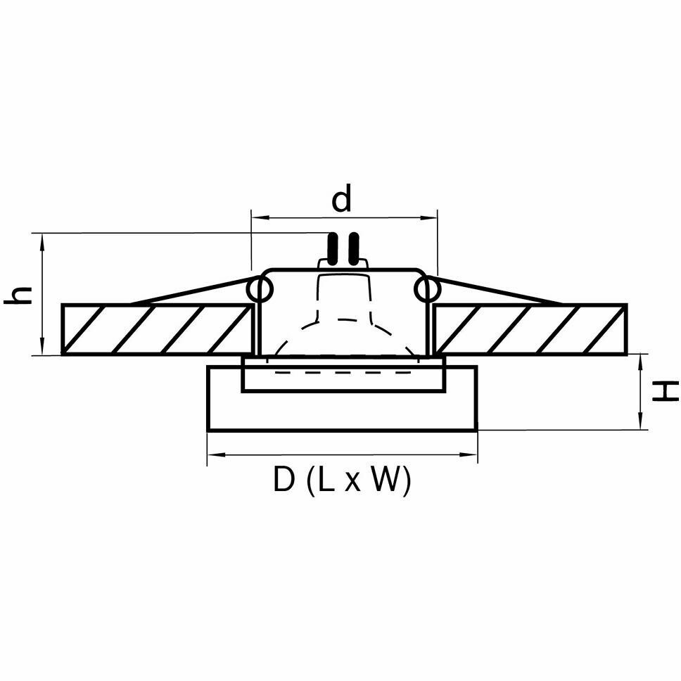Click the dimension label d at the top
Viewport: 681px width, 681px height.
(341, 200)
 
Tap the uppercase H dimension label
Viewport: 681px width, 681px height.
(664, 390)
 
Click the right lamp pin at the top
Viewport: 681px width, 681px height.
(354, 248)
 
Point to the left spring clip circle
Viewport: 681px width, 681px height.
(260, 289)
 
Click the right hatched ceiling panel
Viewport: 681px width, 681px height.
(530, 329)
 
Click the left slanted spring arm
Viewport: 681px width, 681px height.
(190, 291)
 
